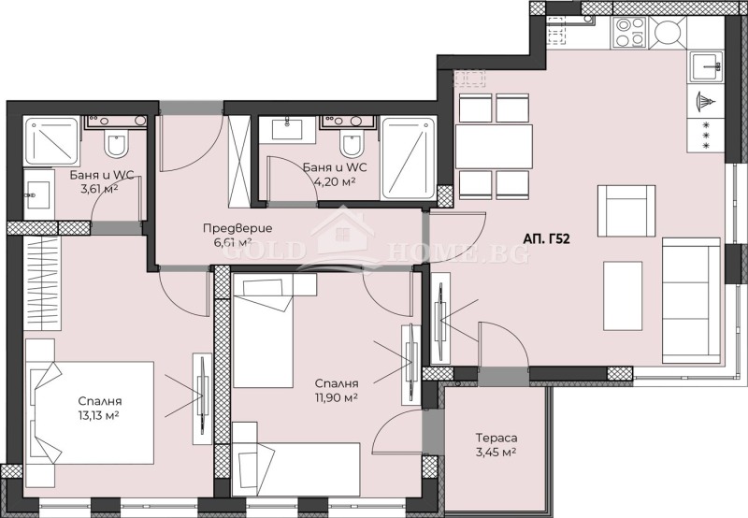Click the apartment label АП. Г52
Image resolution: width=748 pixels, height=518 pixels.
click(547, 239)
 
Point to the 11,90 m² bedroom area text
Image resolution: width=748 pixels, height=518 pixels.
click(338, 396)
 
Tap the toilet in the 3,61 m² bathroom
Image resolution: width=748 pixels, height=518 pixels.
click(116, 145)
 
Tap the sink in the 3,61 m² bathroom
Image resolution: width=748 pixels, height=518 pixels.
click(37, 197)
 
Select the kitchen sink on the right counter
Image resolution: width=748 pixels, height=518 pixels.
click(706, 66)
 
